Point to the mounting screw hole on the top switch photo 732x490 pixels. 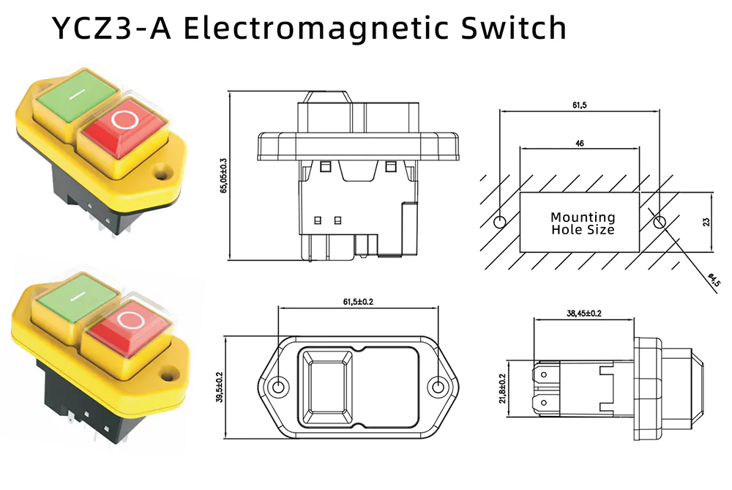pyautogui.click(x=161, y=176)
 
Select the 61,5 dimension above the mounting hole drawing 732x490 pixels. pyautogui.click(x=579, y=105)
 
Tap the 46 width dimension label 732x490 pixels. pyautogui.click(x=579, y=144)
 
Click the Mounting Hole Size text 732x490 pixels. pyautogui.click(x=583, y=223)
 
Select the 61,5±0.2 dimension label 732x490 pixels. pyautogui.click(x=358, y=301)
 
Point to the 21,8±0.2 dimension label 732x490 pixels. pyautogui.click(x=502, y=388)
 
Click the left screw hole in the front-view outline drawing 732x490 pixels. pyautogui.click(x=278, y=387)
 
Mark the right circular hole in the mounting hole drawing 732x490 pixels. pyautogui.click(x=659, y=222)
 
